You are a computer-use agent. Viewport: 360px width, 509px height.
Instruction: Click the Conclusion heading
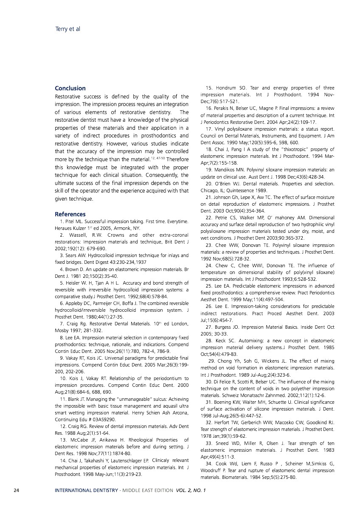point(70,88)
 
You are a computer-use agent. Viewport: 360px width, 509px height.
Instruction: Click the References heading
point(70,214)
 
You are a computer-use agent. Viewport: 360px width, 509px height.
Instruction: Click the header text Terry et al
point(68,29)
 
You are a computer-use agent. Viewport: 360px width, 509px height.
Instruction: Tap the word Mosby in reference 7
point(62,330)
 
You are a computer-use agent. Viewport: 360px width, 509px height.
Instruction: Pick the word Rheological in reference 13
point(124,440)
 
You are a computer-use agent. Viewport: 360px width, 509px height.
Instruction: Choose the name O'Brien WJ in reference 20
point(227,184)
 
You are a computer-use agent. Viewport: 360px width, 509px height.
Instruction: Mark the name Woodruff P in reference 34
point(214,470)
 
